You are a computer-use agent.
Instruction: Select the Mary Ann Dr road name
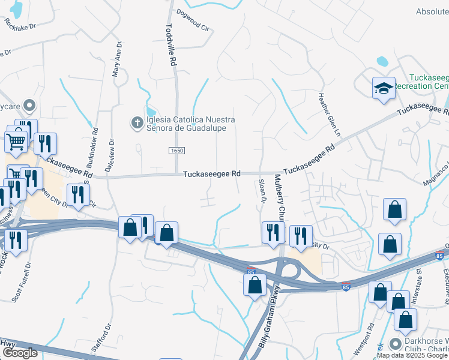[x=116, y=59]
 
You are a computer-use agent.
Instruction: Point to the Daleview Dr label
[x=110, y=154]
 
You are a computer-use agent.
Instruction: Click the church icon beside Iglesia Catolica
[x=137, y=124]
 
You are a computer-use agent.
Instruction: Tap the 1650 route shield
[x=176, y=150]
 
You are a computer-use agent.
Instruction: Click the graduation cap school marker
[x=384, y=89]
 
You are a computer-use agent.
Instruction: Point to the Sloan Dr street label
[x=262, y=191]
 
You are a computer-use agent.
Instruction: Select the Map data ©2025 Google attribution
[x=412, y=355]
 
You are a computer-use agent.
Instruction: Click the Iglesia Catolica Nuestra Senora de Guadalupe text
[x=191, y=124]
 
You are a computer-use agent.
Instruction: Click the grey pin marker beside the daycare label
[x=28, y=104]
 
